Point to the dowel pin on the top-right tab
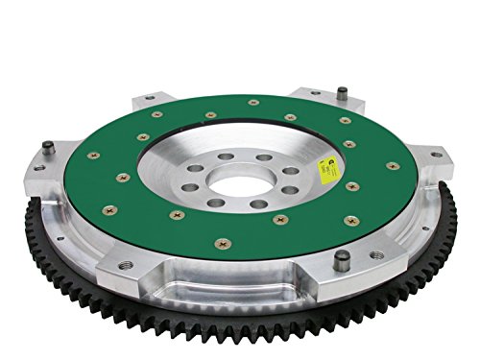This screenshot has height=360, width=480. (x=340, y=92)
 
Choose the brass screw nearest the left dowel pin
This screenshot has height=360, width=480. (x=92, y=155)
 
